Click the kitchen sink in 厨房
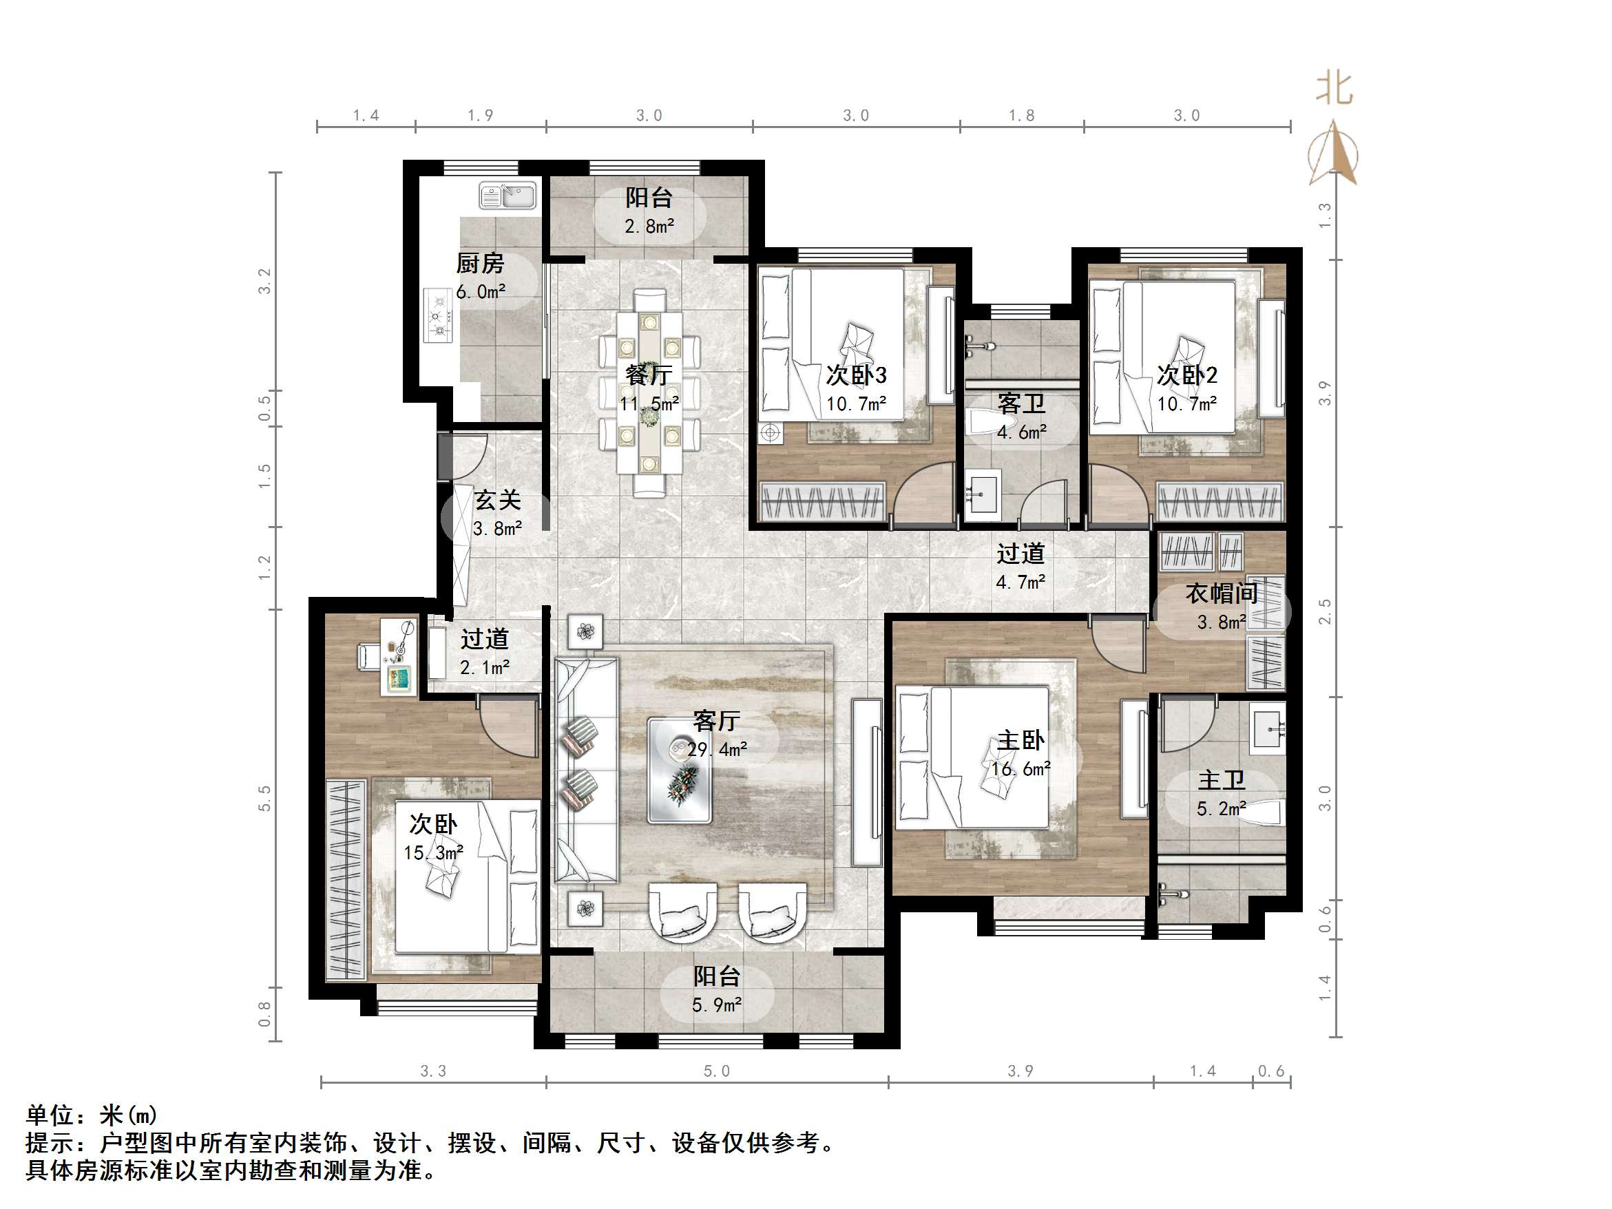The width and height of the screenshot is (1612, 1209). coord(507,196)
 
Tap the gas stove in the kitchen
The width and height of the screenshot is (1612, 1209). coord(439,315)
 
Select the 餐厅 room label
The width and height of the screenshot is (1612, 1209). coord(649,375)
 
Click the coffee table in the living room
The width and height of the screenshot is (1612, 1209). coord(679,770)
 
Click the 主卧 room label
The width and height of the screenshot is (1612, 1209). coord(1020,741)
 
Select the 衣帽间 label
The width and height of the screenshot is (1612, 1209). coord(1222,593)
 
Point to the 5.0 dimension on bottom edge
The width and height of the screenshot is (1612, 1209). coord(716,1071)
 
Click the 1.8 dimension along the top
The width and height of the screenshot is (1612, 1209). coord(1021,115)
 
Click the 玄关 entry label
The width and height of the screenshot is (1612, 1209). coord(497,500)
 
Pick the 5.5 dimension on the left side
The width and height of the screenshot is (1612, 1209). coord(264,798)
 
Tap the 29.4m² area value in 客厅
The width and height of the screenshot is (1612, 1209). coord(718,749)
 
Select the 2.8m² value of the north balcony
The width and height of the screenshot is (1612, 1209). coord(649,227)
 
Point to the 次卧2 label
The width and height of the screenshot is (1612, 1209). coord(1187,375)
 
